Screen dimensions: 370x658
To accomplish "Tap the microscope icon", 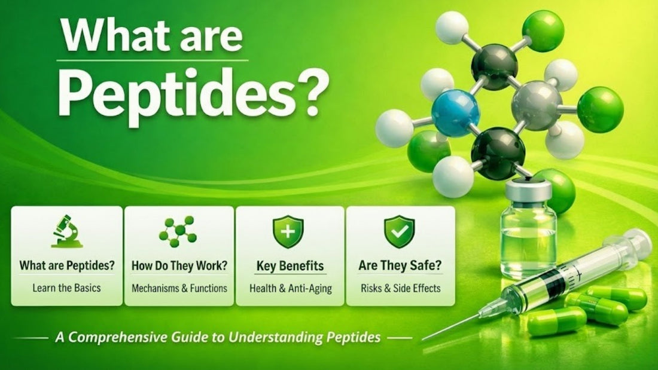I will coord(66,232).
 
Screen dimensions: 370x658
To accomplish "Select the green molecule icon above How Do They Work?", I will coord(178,231).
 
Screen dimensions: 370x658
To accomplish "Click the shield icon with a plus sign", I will coord(288,232).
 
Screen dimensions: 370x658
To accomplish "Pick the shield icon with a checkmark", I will coord(399,232).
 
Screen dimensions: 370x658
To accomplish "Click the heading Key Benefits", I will coord(290,266).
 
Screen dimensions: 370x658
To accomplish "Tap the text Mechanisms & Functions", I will coord(179,288).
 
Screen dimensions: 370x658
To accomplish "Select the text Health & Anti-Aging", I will coord(290,288).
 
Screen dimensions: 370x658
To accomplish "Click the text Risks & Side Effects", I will coord(401,288).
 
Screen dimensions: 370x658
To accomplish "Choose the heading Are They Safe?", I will coord(401,266).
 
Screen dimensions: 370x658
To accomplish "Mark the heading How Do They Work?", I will coord(179,266).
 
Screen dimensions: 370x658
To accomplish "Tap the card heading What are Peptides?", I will coord(67,266).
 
